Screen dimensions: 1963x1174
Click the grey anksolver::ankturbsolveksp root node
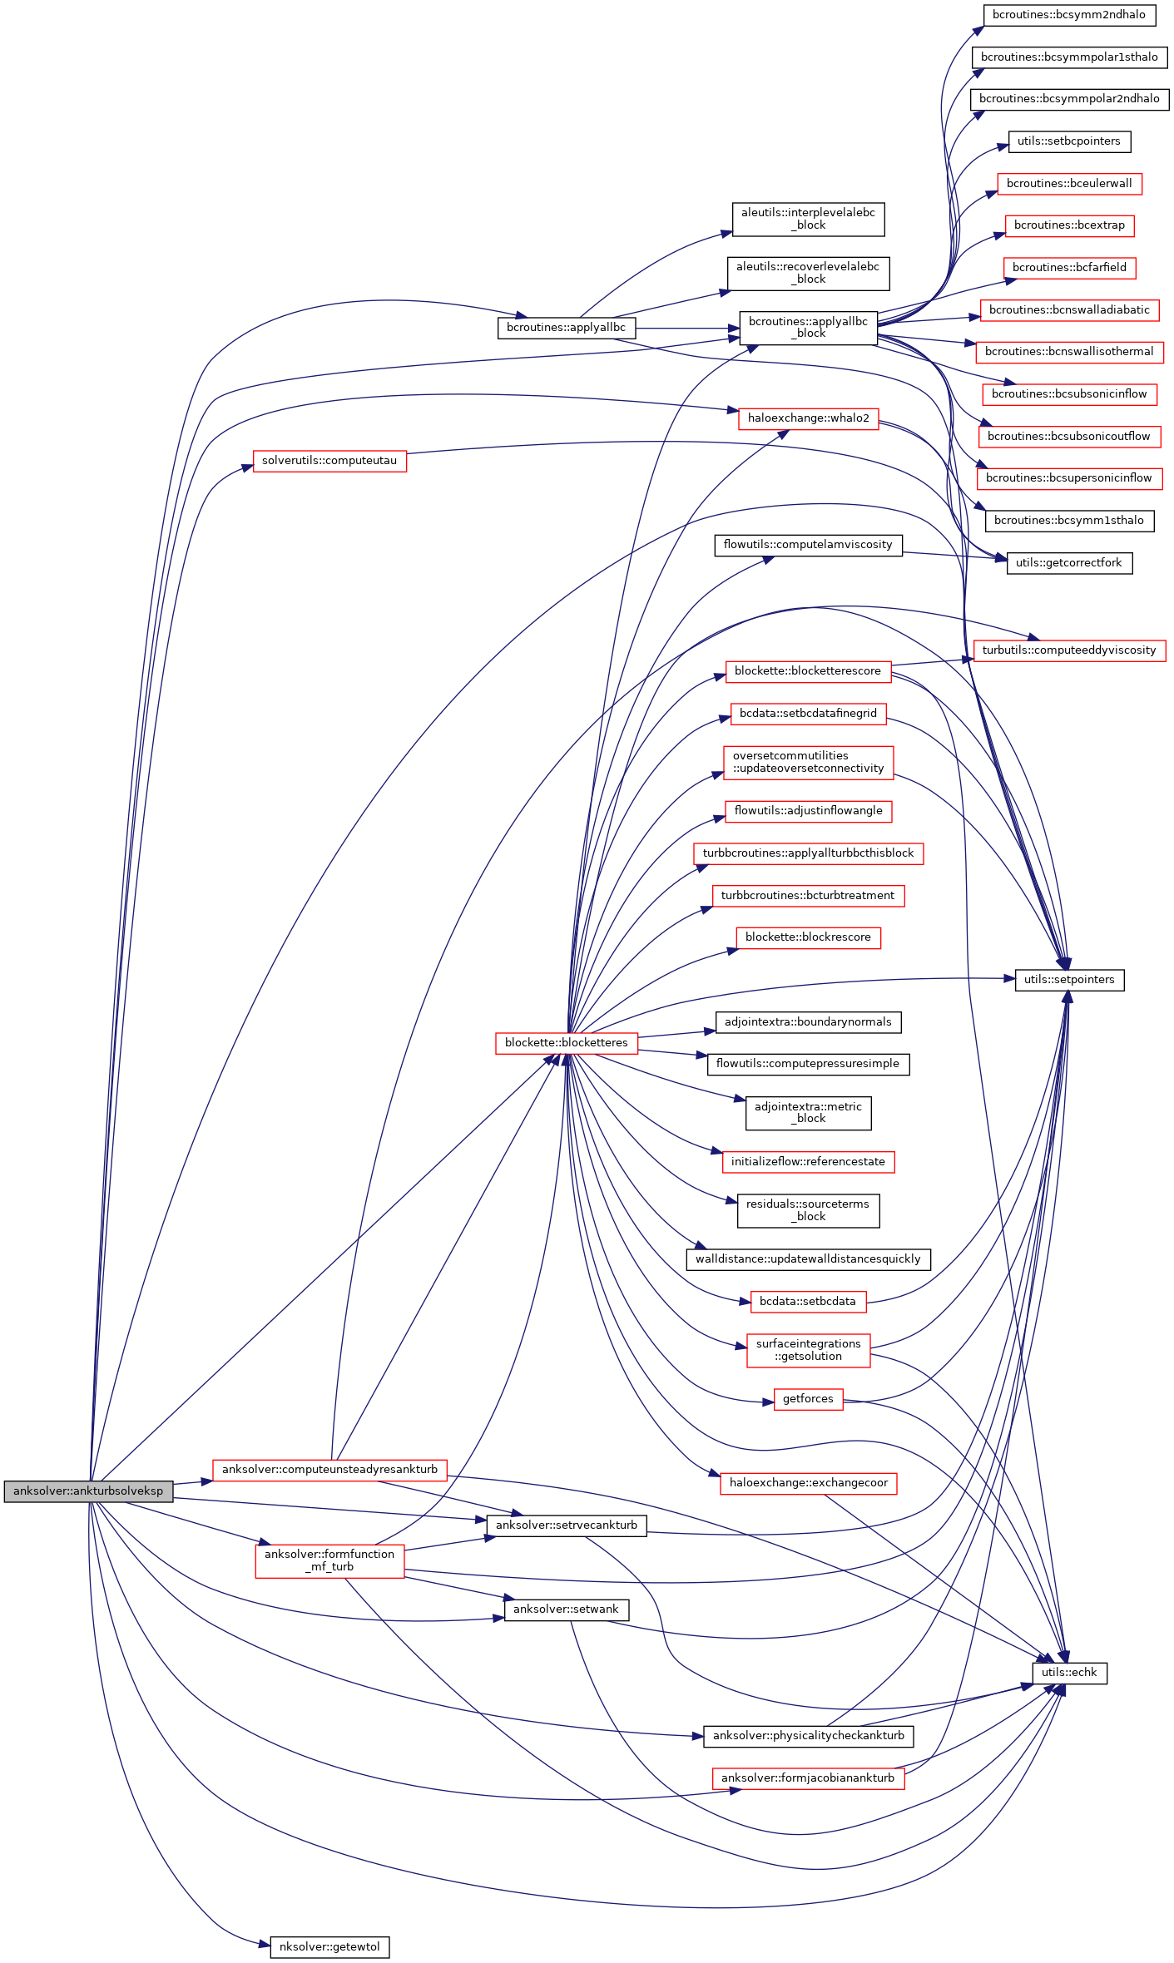tap(88, 1491)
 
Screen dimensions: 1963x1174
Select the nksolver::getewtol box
tap(329, 1946)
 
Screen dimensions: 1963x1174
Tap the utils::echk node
tap(1069, 1672)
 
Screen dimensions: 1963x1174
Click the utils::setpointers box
tap(1069, 979)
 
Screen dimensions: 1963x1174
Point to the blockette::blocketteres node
tap(567, 1042)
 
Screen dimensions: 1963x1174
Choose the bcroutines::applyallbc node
tap(566, 327)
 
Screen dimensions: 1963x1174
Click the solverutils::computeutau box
tap(329, 460)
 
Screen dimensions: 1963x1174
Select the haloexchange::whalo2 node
tap(808, 418)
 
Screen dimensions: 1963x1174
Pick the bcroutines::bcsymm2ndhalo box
tap(1068, 14)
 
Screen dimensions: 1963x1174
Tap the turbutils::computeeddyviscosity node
tap(1069, 650)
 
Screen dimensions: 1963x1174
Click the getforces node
tap(808, 1398)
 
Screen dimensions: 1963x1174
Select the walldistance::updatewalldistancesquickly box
tap(808, 1258)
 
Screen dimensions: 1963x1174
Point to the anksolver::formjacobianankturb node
tap(808, 1778)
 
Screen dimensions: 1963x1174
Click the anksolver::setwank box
tap(566, 1609)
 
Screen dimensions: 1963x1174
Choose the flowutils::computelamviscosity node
tap(808, 544)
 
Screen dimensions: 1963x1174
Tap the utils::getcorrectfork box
tap(1069, 562)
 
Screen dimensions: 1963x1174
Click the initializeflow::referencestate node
tap(808, 1161)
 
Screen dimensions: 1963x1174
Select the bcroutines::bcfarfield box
tap(1069, 267)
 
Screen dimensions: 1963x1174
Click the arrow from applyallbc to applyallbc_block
tap(687, 329)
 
